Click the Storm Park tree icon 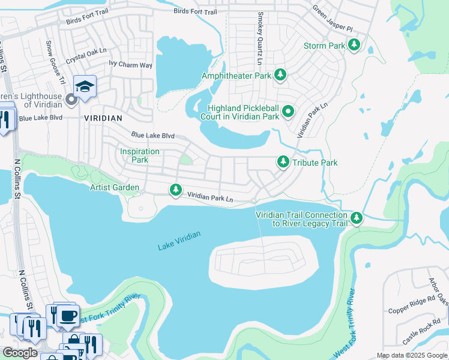click(x=355, y=45)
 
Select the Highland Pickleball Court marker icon click(x=288, y=111)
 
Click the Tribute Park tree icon click(x=283, y=162)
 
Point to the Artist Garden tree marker click(x=175, y=190)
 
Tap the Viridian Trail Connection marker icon click(x=357, y=218)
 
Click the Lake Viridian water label click(x=179, y=241)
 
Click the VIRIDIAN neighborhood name click(x=103, y=118)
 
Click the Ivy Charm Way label click(x=130, y=64)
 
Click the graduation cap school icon click(x=85, y=87)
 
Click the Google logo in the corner click(x=19, y=352)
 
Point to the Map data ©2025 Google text click(x=412, y=355)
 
